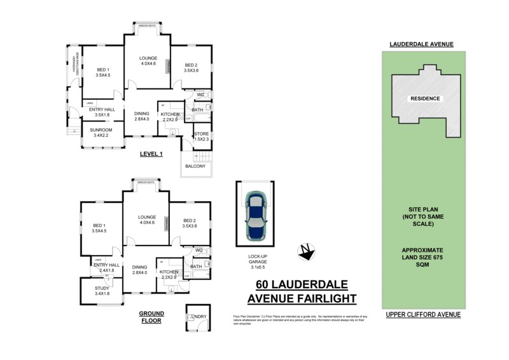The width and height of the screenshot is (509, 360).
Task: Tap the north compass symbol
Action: (307, 252)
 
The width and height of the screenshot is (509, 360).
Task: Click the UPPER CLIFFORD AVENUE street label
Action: (423, 315)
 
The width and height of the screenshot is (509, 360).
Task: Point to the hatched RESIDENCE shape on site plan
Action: (423, 99)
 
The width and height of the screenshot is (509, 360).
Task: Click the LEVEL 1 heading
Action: (151, 154)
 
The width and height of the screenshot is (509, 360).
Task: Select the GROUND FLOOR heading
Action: (151, 317)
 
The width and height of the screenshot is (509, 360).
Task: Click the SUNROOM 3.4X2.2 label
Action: (101, 132)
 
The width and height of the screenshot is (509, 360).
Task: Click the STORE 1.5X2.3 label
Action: (202, 136)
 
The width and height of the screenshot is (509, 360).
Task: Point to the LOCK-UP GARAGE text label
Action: (257, 261)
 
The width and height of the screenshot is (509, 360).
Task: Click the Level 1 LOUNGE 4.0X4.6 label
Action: (148, 60)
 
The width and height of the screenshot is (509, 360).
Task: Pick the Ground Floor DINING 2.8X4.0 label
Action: (139, 270)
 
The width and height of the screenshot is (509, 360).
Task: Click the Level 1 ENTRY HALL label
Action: (101, 112)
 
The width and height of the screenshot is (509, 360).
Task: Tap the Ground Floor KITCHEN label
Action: (170, 273)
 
